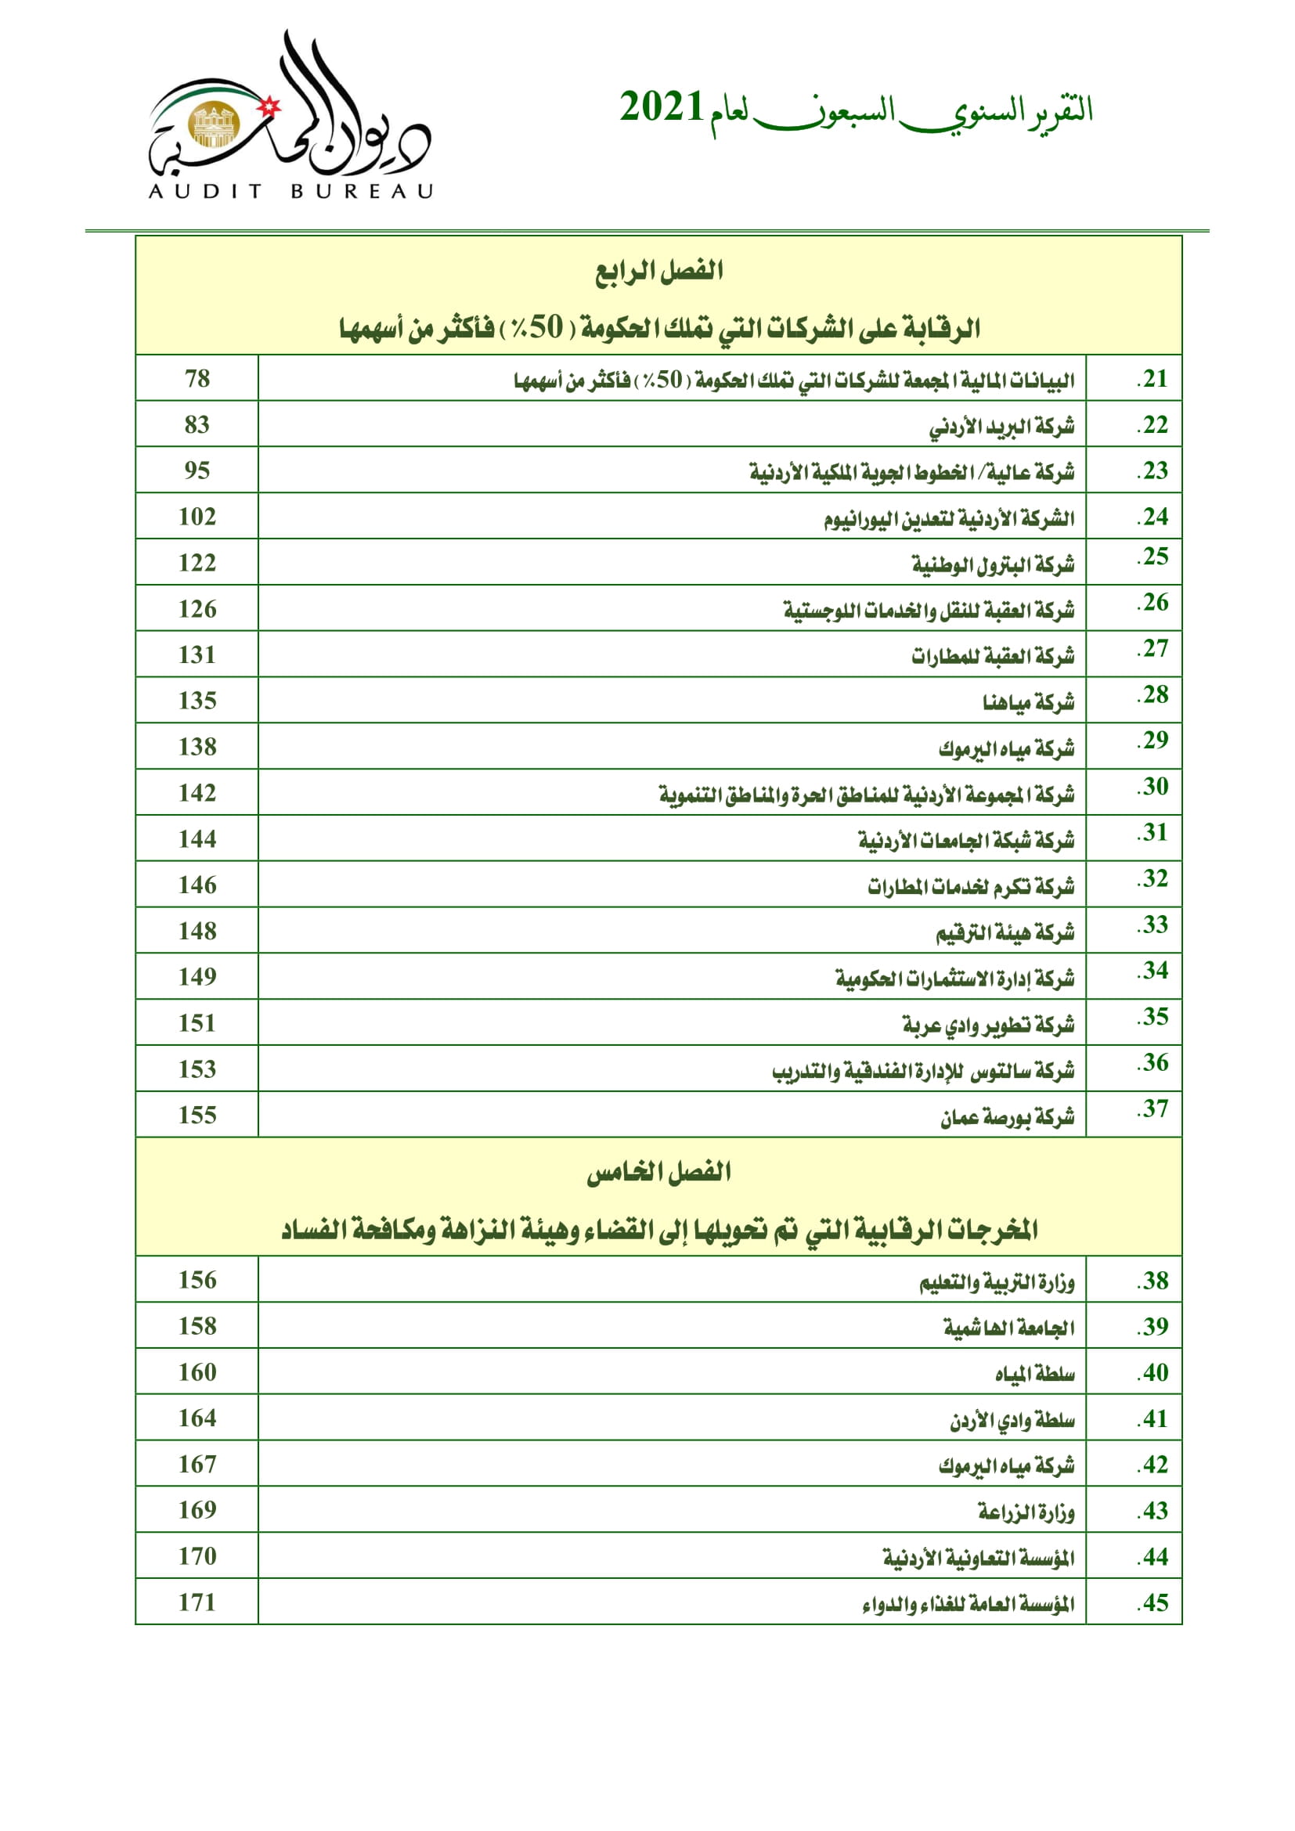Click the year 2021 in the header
tap(661, 109)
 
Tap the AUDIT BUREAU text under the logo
tap(290, 191)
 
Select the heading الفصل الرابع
tap(658, 271)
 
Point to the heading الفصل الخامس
tap(658, 1173)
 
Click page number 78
tap(197, 378)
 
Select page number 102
tap(197, 517)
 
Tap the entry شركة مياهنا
tap(1028, 701)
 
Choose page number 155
tap(197, 1115)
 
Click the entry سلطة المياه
tap(1034, 1374)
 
